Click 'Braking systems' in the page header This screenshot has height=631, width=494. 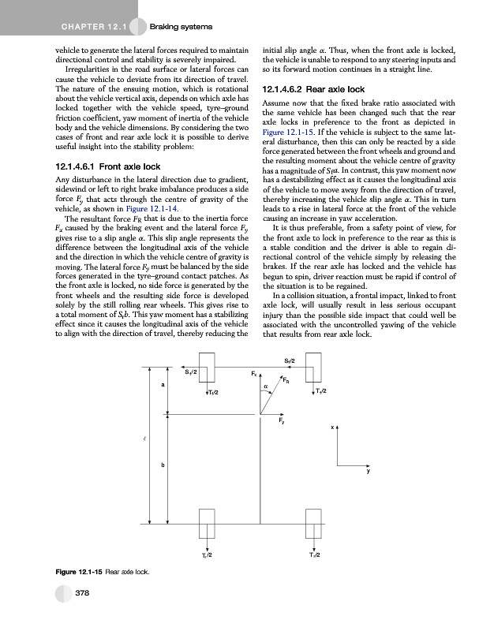coord(182,28)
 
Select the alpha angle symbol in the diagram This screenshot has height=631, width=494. coord(267,386)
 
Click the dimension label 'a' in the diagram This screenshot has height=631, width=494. coord(163,385)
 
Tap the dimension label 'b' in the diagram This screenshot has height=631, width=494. coord(163,465)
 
